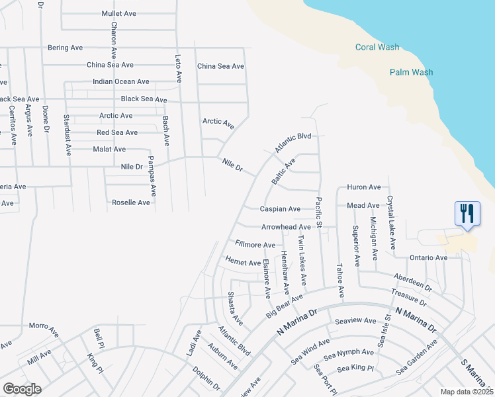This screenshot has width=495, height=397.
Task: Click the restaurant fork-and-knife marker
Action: [467, 213]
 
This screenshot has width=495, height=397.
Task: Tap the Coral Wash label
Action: [377, 47]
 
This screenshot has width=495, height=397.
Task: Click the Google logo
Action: [22, 389]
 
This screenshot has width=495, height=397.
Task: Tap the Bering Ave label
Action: [66, 48]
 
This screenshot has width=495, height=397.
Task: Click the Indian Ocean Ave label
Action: [121, 81]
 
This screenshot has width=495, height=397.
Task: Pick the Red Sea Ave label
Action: [117, 132]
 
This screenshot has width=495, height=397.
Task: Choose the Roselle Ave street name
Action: [131, 202]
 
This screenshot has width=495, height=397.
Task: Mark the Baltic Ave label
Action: [283, 171]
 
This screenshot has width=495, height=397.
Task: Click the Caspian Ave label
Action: [280, 209]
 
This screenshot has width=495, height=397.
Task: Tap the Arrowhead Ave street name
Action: [286, 227]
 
